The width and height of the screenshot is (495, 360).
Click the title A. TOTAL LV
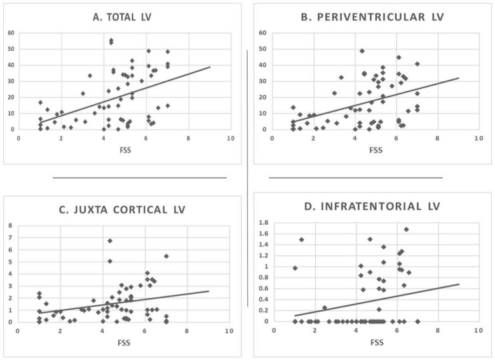tap(123, 17)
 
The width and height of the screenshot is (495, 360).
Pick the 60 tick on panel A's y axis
tap(11, 33)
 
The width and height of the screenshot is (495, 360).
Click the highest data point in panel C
tap(110, 241)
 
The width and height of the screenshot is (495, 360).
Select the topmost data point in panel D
tap(406, 230)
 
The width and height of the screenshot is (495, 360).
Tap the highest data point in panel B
tap(362, 51)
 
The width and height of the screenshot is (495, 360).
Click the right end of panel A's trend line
tap(210, 67)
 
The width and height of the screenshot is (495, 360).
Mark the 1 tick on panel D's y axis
tap(266, 267)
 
